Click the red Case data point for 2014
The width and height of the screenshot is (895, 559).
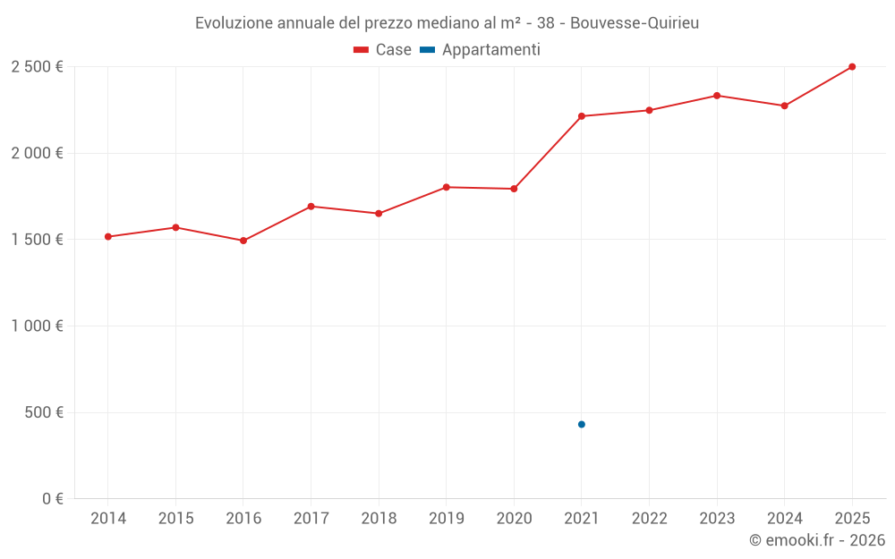107,237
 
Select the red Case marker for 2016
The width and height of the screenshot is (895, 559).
243,241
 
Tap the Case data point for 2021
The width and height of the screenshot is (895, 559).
582,116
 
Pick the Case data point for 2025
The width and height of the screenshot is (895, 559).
852,67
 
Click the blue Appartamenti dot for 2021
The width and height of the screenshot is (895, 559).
582,424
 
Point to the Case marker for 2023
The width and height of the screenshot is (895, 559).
717,96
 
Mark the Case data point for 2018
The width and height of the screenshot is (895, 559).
379,214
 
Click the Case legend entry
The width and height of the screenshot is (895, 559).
382,50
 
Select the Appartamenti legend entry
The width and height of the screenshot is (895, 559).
481,50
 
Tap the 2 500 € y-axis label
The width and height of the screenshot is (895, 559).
37,67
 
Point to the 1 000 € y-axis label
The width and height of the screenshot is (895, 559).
37,326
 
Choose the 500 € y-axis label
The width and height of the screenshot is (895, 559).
43,412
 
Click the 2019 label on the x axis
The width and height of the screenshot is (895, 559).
446,519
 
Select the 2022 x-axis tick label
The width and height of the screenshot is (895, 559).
649,519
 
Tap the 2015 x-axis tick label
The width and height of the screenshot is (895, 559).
175,519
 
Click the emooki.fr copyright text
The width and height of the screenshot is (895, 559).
817,540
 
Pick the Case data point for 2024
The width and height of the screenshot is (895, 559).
784,106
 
